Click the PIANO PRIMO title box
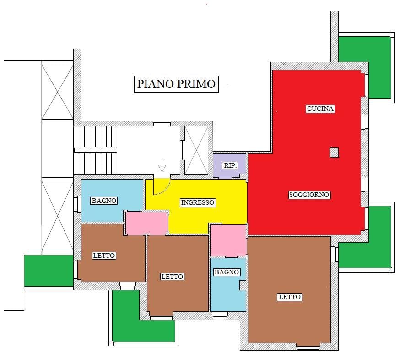click(x=176, y=84)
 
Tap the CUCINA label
click(x=320, y=109)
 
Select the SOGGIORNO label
click(x=309, y=195)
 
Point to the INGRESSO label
click(x=198, y=202)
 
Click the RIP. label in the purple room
click(x=230, y=165)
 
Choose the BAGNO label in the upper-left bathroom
click(x=104, y=201)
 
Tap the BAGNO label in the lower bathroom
click(x=227, y=272)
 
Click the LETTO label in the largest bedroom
click(x=290, y=297)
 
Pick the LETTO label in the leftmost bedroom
click(x=104, y=256)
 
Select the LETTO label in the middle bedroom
click(x=172, y=277)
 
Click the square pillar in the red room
click(x=335, y=153)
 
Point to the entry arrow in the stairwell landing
click(x=162, y=164)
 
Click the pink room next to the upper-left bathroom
click(x=147, y=223)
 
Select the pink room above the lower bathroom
click(x=228, y=240)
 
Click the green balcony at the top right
click(x=364, y=67)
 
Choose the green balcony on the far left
click(x=49, y=271)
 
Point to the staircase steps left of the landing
click(x=95, y=150)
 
